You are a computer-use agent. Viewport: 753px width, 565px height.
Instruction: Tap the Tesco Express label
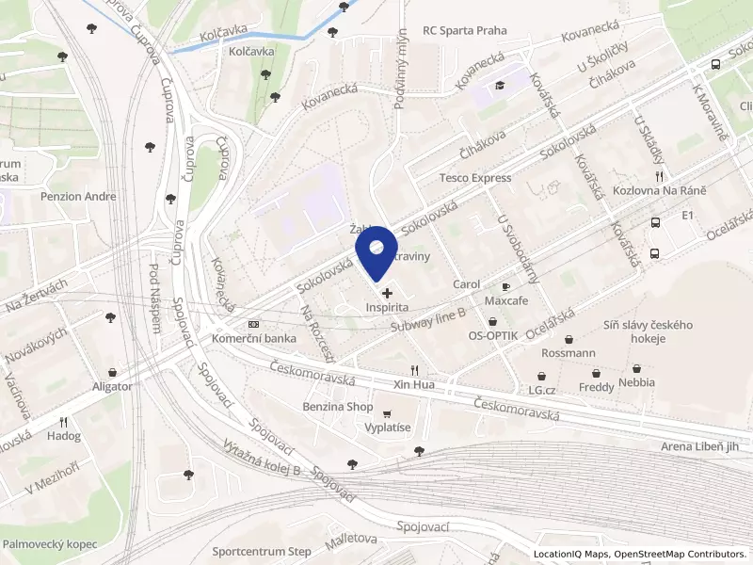point(475,178)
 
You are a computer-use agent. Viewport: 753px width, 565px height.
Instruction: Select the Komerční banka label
point(254,338)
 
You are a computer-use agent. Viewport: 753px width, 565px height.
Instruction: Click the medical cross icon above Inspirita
point(387,294)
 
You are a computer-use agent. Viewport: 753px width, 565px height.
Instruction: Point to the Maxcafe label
point(505,300)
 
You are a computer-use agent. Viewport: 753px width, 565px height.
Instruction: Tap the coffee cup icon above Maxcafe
point(505,286)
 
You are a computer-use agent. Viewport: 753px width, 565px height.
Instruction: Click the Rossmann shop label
point(569,353)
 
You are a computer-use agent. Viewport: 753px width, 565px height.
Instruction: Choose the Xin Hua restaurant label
point(414,385)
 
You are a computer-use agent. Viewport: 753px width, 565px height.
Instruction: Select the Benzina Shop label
point(337,407)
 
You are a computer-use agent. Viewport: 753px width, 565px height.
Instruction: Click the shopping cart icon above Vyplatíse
point(386,412)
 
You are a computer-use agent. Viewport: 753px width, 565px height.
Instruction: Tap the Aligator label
point(112,386)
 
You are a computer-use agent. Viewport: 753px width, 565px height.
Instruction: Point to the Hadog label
point(64,436)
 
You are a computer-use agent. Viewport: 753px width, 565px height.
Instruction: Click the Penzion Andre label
point(78,197)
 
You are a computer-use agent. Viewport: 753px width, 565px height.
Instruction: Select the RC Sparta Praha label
point(465,30)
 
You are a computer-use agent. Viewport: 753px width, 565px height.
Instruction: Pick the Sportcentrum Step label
point(262,551)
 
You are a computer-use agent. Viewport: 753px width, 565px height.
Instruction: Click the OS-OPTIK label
point(492,336)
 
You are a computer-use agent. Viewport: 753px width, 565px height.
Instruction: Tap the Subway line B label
point(428,317)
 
